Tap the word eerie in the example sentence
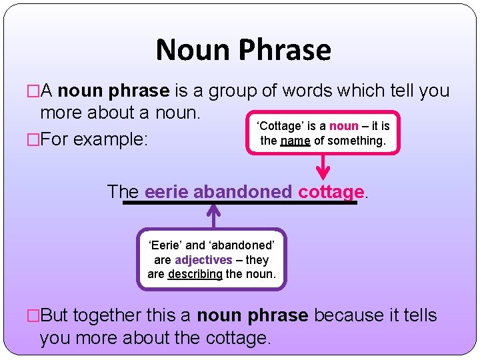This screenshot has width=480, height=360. pos(166,192)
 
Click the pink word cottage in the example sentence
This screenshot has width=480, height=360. pos(331,192)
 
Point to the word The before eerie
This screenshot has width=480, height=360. pos(123,192)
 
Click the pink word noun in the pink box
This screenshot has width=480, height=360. pos(344,126)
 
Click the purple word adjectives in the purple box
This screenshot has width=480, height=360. pos(203,259)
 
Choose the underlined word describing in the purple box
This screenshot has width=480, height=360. pos(195,274)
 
